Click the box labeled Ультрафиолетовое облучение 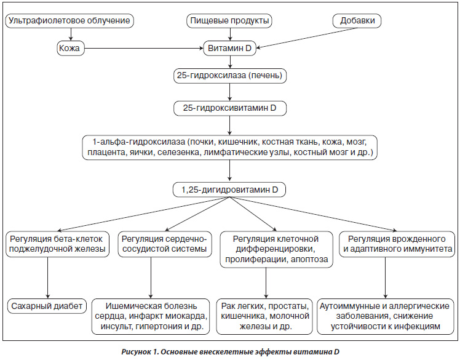click(69, 21)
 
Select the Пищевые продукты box click(229, 21)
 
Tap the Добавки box click(357, 21)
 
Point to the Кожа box click(70, 48)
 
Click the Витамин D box click(230, 48)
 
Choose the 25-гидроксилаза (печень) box click(230, 76)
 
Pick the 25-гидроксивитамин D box click(230, 108)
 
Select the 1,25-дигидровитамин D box click(229, 190)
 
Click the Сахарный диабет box click(47, 306)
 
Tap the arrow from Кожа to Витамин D click(144, 48)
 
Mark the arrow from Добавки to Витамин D click(307, 38)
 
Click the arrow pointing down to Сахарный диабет click(47, 278)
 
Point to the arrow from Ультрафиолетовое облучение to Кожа click(70, 34)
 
